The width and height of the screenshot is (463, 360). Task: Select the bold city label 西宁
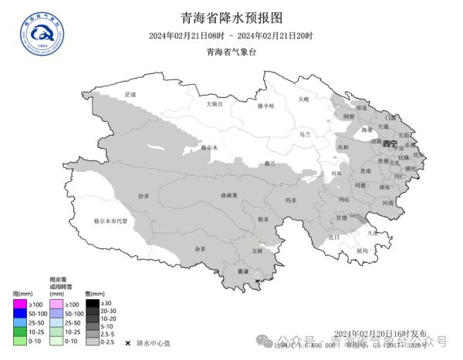click(389, 144)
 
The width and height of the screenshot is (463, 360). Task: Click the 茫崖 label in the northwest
click(130, 94)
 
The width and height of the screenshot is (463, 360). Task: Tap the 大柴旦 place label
click(214, 103)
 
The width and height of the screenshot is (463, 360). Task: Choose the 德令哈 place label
click(265, 105)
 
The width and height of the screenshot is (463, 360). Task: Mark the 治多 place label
click(144, 196)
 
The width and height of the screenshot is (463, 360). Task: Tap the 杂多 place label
click(201, 249)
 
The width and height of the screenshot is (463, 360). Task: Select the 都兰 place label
click(269, 163)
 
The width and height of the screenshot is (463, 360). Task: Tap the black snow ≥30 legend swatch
click(92, 303)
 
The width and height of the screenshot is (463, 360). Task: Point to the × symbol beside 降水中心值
click(127, 342)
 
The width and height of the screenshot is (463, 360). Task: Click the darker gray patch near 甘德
click(357, 220)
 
